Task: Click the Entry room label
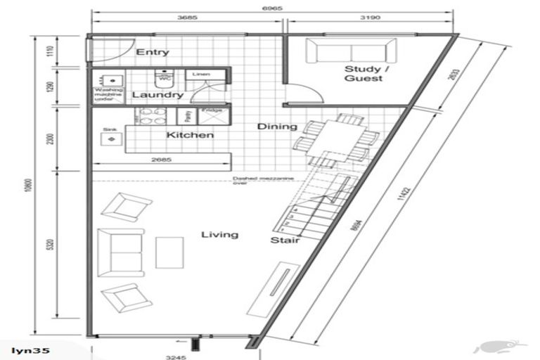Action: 153,52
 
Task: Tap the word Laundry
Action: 157,94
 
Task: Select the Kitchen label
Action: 190,134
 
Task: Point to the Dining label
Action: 272,127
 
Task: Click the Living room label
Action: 219,234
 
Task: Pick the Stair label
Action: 285,240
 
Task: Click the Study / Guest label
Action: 363,74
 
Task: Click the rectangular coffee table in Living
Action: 169,252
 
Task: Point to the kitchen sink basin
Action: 110,140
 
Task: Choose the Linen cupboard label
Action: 198,74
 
